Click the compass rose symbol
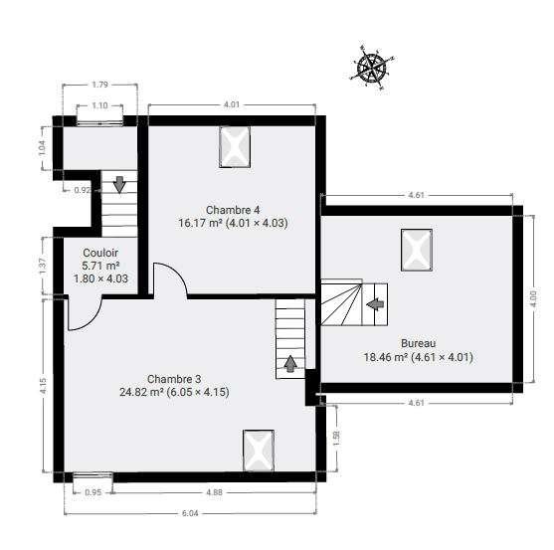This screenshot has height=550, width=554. pyautogui.click(x=372, y=68)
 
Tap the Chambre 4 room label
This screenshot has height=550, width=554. pyautogui.click(x=233, y=210)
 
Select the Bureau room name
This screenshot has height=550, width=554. pyautogui.click(x=419, y=343)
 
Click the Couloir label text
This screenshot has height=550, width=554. pyautogui.click(x=100, y=253)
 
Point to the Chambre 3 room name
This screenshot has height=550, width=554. pyautogui.click(x=174, y=379)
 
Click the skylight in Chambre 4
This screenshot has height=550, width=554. pyautogui.click(x=235, y=146)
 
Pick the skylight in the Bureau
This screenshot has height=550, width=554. pyautogui.click(x=417, y=250)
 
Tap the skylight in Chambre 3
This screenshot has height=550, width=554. pyautogui.click(x=259, y=451)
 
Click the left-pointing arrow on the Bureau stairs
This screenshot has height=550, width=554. pyautogui.click(x=375, y=304)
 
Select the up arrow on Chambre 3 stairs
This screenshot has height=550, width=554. pyautogui.click(x=290, y=364)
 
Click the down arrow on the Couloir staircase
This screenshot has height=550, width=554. pyautogui.click(x=119, y=185)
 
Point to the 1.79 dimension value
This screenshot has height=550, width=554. pyautogui.click(x=100, y=85)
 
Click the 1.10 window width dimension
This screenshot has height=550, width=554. pyautogui.click(x=100, y=105)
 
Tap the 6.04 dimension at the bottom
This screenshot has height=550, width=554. pyautogui.click(x=190, y=513)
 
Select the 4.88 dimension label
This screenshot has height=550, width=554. pyautogui.click(x=215, y=492)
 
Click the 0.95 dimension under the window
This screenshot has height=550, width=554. pyautogui.click(x=93, y=492)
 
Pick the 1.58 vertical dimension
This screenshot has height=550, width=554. pyautogui.click(x=336, y=439)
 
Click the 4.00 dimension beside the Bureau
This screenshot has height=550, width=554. pyautogui.click(x=533, y=298)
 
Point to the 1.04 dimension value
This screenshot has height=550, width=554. pyautogui.click(x=42, y=148)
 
